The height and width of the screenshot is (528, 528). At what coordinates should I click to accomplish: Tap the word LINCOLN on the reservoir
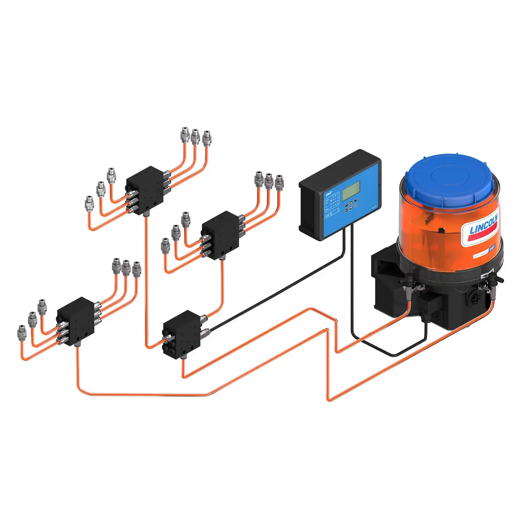483,224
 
